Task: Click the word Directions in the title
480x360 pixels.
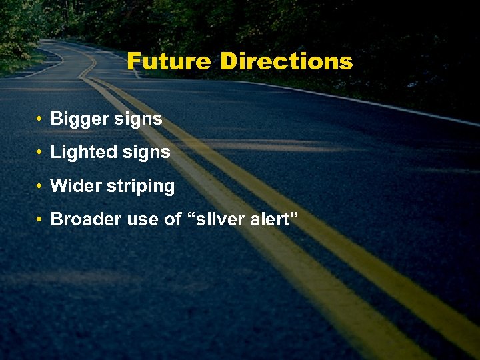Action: [x=286, y=61]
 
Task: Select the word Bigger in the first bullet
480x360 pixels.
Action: [x=77, y=119]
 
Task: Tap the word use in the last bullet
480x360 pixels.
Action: [x=139, y=220]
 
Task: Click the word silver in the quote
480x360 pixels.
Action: [x=219, y=219]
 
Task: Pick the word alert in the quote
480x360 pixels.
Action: [x=267, y=219]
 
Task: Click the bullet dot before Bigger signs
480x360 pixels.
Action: [x=40, y=119]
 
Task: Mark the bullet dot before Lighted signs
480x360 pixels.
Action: [x=40, y=153]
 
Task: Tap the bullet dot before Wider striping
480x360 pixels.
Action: [x=40, y=186]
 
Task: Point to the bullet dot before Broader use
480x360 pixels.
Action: [x=40, y=219]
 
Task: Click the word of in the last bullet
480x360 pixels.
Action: [x=172, y=219]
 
